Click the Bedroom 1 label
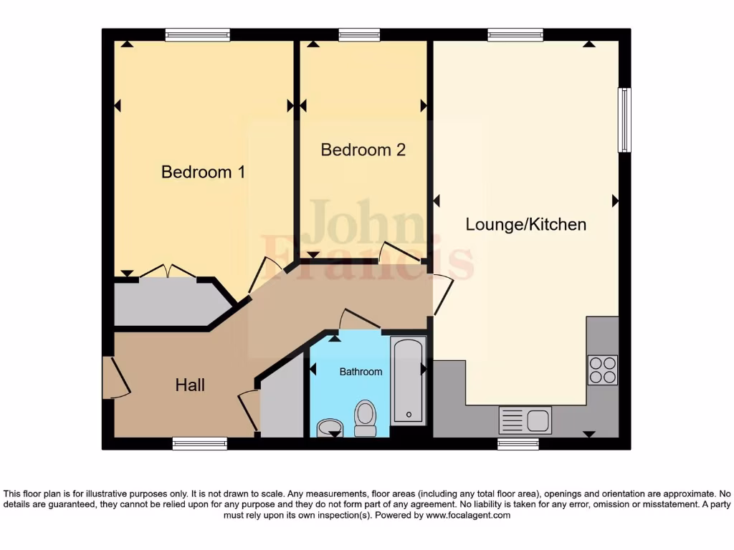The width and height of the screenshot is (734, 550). pyautogui.click(x=203, y=172)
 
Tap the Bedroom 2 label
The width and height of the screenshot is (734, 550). pyautogui.click(x=363, y=150)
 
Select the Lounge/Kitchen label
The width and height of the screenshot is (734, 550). pyautogui.click(x=525, y=224)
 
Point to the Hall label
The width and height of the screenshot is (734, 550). pyautogui.click(x=190, y=385)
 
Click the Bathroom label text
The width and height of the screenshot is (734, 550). pyautogui.click(x=361, y=372)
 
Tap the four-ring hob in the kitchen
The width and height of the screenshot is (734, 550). pyautogui.click(x=602, y=370)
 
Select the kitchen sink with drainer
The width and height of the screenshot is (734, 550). pyautogui.click(x=525, y=420)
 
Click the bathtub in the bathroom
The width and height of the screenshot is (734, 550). pyautogui.click(x=409, y=381)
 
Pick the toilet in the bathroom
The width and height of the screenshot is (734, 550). pyautogui.click(x=365, y=418)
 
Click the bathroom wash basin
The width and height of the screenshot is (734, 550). pyautogui.click(x=330, y=428)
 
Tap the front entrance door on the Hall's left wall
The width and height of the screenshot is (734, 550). pyautogui.click(x=115, y=377)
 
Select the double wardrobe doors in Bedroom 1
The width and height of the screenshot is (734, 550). pyautogui.click(x=167, y=271)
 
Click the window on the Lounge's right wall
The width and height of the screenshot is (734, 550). pyautogui.click(x=624, y=120)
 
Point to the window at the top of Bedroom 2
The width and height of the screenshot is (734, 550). pyautogui.click(x=359, y=34)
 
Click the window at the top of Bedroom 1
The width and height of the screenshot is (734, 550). pyautogui.click(x=197, y=34)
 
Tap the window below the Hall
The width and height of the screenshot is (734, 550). pyautogui.click(x=199, y=444)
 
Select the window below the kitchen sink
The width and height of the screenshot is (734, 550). pyautogui.click(x=518, y=444)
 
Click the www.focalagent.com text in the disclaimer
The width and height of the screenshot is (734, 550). pyautogui.click(x=468, y=515)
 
